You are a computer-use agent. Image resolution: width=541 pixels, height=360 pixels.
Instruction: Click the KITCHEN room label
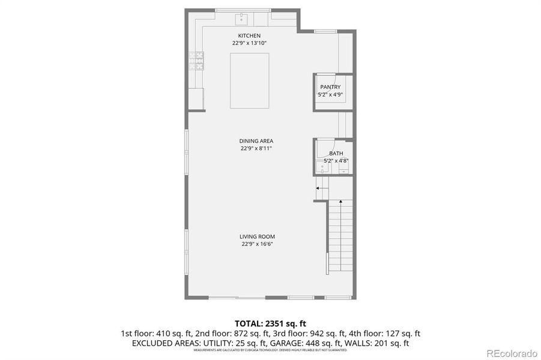249,36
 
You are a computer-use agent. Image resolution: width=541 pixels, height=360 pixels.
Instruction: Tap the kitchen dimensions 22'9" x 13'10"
249,43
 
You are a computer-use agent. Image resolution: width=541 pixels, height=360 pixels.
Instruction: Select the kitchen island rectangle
249,80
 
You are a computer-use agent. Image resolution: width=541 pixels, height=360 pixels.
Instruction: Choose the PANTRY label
330,87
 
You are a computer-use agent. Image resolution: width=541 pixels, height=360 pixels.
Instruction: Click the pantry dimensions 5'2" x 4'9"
330,94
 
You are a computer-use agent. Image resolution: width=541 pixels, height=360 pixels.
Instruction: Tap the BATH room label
336,154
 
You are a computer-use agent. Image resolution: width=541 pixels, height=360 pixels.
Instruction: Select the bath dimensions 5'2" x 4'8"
336,161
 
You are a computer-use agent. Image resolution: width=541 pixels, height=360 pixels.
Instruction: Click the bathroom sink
322,167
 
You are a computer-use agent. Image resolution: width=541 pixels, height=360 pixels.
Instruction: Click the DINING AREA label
256,141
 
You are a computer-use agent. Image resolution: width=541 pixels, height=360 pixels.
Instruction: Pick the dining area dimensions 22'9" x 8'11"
256,148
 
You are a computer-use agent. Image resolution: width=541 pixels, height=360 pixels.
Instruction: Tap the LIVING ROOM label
258,236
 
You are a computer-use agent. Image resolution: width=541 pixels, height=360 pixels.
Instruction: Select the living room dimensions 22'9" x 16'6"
258,244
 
